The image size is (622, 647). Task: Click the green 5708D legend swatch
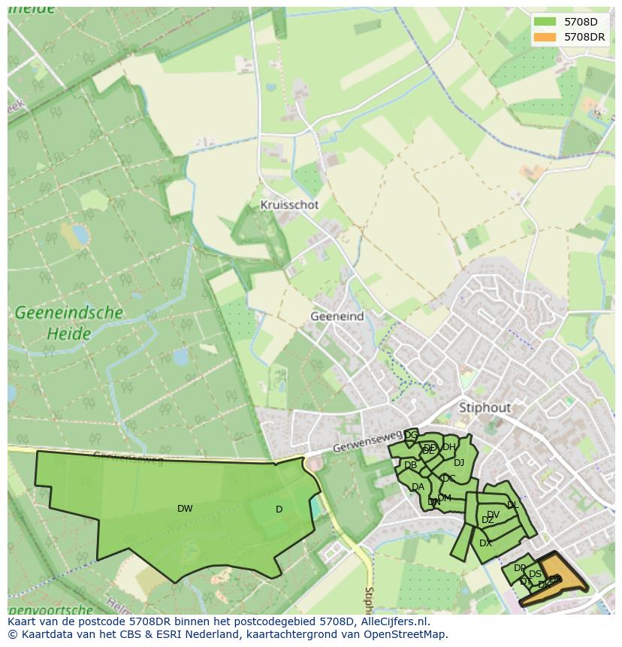pyautogui.click(x=545, y=22)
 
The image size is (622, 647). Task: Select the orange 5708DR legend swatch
pyautogui.click(x=545, y=37)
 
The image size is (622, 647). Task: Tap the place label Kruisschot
pyautogui.click(x=289, y=204)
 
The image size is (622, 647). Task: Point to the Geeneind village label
pyautogui.click(x=337, y=316)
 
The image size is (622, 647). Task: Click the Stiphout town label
pyautogui.click(x=485, y=407)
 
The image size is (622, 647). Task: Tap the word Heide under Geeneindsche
pyautogui.click(x=68, y=333)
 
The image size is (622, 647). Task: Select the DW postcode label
pyautogui.click(x=185, y=509)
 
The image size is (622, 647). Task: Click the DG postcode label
pyautogui.click(x=411, y=435)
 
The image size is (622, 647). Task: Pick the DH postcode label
pyautogui.click(x=448, y=447)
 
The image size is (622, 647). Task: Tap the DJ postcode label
pyautogui.click(x=458, y=463)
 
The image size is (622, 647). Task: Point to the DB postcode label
pyautogui.click(x=410, y=466)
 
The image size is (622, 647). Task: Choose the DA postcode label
pyautogui.click(x=418, y=487)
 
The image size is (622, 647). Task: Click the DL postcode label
pyautogui.click(x=512, y=505)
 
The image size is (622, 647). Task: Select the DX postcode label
pyautogui.click(x=485, y=543)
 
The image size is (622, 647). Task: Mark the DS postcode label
pyautogui.click(x=535, y=575)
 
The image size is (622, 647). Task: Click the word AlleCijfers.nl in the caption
pyautogui.click(x=394, y=621)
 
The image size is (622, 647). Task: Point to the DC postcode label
pyautogui.click(x=448, y=479)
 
